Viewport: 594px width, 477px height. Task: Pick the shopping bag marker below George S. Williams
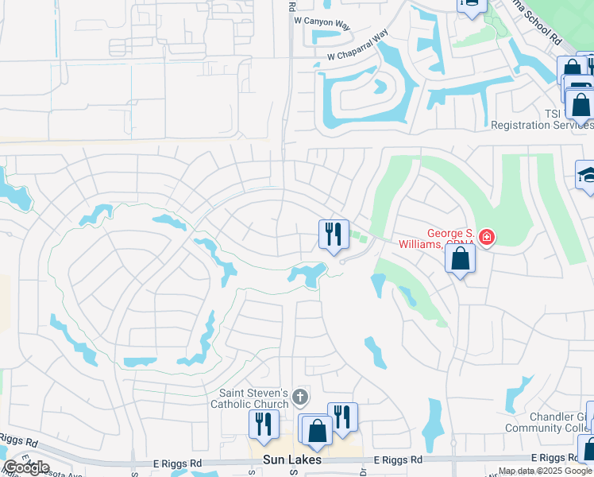tap(460, 258)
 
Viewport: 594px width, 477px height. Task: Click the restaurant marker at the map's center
tap(334, 234)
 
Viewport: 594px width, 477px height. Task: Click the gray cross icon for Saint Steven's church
tap(299, 396)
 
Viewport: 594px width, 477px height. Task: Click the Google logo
tap(27, 467)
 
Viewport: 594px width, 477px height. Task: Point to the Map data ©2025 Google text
tap(545, 471)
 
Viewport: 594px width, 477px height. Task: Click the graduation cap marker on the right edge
tap(587, 176)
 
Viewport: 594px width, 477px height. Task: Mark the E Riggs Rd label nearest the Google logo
tap(20, 442)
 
